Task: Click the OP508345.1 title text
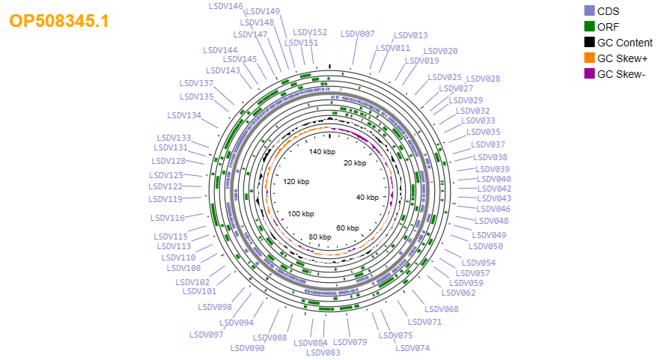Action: (58, 21)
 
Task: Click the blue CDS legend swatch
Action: (589, 11)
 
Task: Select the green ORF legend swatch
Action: (589, 26)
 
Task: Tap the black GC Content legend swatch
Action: (589, 43)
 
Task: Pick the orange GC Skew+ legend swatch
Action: (589, 58)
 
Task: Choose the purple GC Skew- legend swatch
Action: (589, 74)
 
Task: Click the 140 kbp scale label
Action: (323, 152)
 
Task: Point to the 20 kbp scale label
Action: (355, 163)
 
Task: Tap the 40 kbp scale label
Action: (368, 197)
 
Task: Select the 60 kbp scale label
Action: (347, 228)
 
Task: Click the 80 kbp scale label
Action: (320, 237)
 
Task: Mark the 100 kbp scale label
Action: (301, 214)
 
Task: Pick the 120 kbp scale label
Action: (296, 182)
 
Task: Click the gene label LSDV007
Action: (358, 34)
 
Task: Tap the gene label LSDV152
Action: (310, 32)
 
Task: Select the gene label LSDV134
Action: (184, 115)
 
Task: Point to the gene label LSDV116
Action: (168, 218)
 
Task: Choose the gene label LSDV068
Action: (442, 309)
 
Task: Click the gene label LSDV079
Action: (350, 342)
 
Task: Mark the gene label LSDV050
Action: (486, 246)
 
